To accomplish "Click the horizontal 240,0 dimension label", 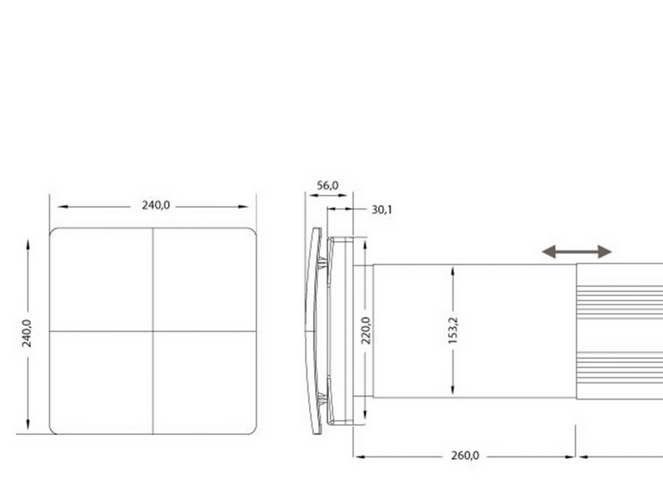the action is (x=156, y=205).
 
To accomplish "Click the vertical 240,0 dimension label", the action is (x=27, y=334).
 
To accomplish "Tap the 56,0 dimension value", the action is (x=327, y=186).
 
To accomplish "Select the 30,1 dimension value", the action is (x=382, y=210).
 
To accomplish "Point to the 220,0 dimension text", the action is (x=366, y=331).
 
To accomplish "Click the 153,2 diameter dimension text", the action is (x=452, y=331).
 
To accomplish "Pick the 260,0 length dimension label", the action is (x=465, y=456).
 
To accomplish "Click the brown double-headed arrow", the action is (x=577, y=252).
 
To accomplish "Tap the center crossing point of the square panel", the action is (x=153, y=331).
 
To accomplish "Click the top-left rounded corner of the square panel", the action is (x=52, y=231).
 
